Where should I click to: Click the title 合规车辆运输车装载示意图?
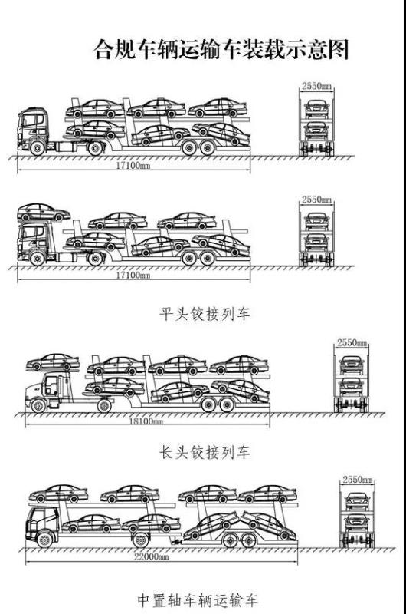click(x=221, y=49)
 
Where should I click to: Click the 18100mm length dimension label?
click(x=146, y=421)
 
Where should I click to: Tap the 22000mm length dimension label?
click(x=151, y=556)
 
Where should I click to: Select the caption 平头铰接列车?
click(x=205, y=314)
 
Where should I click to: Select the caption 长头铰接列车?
click(x=205, y=452)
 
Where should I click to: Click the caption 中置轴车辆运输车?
click(x=198, y=599)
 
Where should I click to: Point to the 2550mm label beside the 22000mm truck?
click(x=358, y=479)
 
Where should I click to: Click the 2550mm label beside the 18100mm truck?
click(x=352, y=342)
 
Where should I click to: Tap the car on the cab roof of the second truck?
click(x=44, y=213)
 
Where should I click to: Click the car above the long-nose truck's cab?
click(x=53, y=362)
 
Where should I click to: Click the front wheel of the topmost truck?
click(x=37, y=148)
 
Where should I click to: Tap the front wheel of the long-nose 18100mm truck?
click(x=38, y=406)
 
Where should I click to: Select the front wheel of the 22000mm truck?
click(x=44, y=540)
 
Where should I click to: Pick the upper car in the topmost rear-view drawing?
click(x=316, y=107)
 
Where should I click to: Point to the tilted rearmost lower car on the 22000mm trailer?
click(x=267, y=525)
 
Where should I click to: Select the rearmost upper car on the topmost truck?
click(x=218, y=107)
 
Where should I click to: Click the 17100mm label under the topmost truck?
click(x=133, y=165)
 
